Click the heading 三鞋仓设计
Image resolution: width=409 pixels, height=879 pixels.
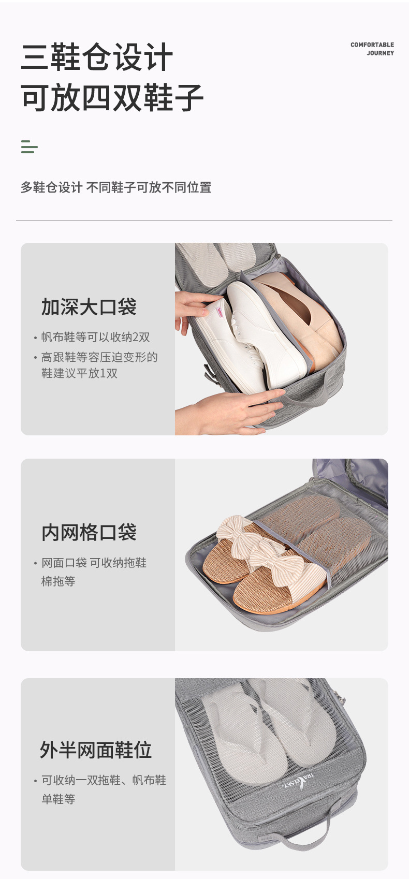[97, 57]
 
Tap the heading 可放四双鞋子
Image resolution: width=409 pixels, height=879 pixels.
[112, 97]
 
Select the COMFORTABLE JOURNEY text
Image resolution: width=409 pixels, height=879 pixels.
[372, 49]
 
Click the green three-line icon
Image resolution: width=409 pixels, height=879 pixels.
[29, 147]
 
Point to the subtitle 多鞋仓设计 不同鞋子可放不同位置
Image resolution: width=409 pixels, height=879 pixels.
[116, 187]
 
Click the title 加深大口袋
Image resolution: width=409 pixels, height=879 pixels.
[89, 307]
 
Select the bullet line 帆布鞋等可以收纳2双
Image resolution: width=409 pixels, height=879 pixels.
[95, 337]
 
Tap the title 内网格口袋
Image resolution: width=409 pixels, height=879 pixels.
[89, 533]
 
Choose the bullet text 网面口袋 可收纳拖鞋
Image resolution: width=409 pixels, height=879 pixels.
[94, 563]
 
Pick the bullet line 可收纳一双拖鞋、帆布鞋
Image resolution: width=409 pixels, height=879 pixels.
[104, 780]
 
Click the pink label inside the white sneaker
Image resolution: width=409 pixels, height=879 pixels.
[219, 313]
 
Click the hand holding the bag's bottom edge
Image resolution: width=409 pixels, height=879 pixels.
[233, 412]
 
